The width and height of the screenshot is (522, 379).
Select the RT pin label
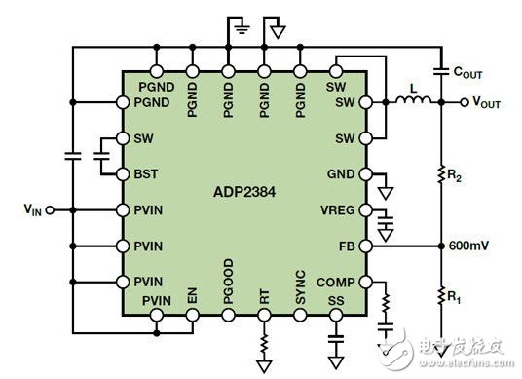point(264,302)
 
